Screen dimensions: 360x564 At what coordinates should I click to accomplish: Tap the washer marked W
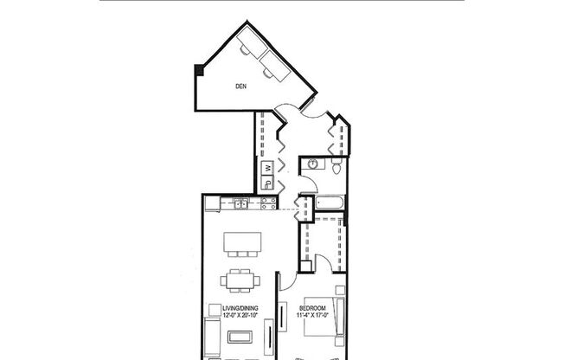click(x=268, y=167)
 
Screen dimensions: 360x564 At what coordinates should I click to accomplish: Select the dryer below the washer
click(x=268, y=183)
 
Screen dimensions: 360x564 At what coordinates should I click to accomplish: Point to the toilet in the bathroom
click(x=336, y=167)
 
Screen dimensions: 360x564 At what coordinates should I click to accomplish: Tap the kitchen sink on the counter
click(x=239, y=204)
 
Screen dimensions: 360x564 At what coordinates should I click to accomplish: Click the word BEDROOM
click(x=312, y=308)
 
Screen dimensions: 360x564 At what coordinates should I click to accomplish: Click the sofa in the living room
click(x=213, y=336)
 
